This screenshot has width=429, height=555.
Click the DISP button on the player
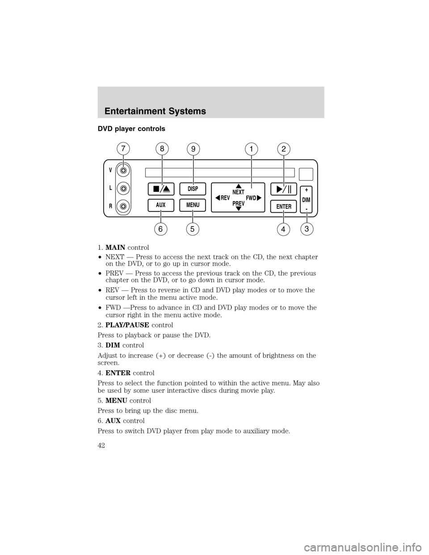(x=193, y=189)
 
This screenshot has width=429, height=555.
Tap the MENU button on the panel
(x=193, y=205)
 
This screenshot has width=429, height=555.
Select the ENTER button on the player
(x=284, y=206)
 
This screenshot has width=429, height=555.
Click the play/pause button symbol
(x=284, y=189)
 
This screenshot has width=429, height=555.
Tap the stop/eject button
(x=161, y=189)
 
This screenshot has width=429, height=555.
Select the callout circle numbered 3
(x=307, y=230)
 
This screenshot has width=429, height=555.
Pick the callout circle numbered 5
(x=193, y=230)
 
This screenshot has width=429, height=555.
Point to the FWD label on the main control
(x=251, y=197)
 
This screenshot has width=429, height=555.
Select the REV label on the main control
(x=224, y=197)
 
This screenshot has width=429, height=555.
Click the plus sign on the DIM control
(x=307, y=189)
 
